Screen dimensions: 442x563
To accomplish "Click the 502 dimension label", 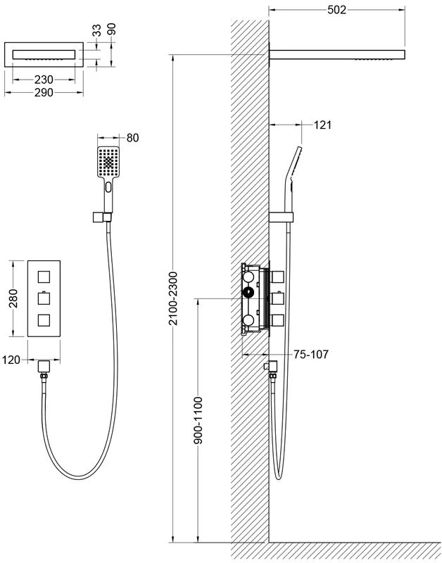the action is coord(336,10).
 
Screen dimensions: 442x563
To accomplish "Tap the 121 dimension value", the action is coord(322,125).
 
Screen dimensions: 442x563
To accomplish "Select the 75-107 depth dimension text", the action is coord(311,355).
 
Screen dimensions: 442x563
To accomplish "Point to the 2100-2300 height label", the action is coord(173,298).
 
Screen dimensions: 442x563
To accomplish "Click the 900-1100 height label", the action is coord(198,420).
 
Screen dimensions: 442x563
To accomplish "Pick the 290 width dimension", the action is coord(44,93).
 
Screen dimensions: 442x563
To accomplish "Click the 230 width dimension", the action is coord(44,80).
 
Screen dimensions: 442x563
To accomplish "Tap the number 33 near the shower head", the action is coord(97,30).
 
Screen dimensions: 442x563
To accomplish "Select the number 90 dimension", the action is coord(112,29).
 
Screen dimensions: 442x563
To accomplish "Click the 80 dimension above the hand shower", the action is coord(132,137).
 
